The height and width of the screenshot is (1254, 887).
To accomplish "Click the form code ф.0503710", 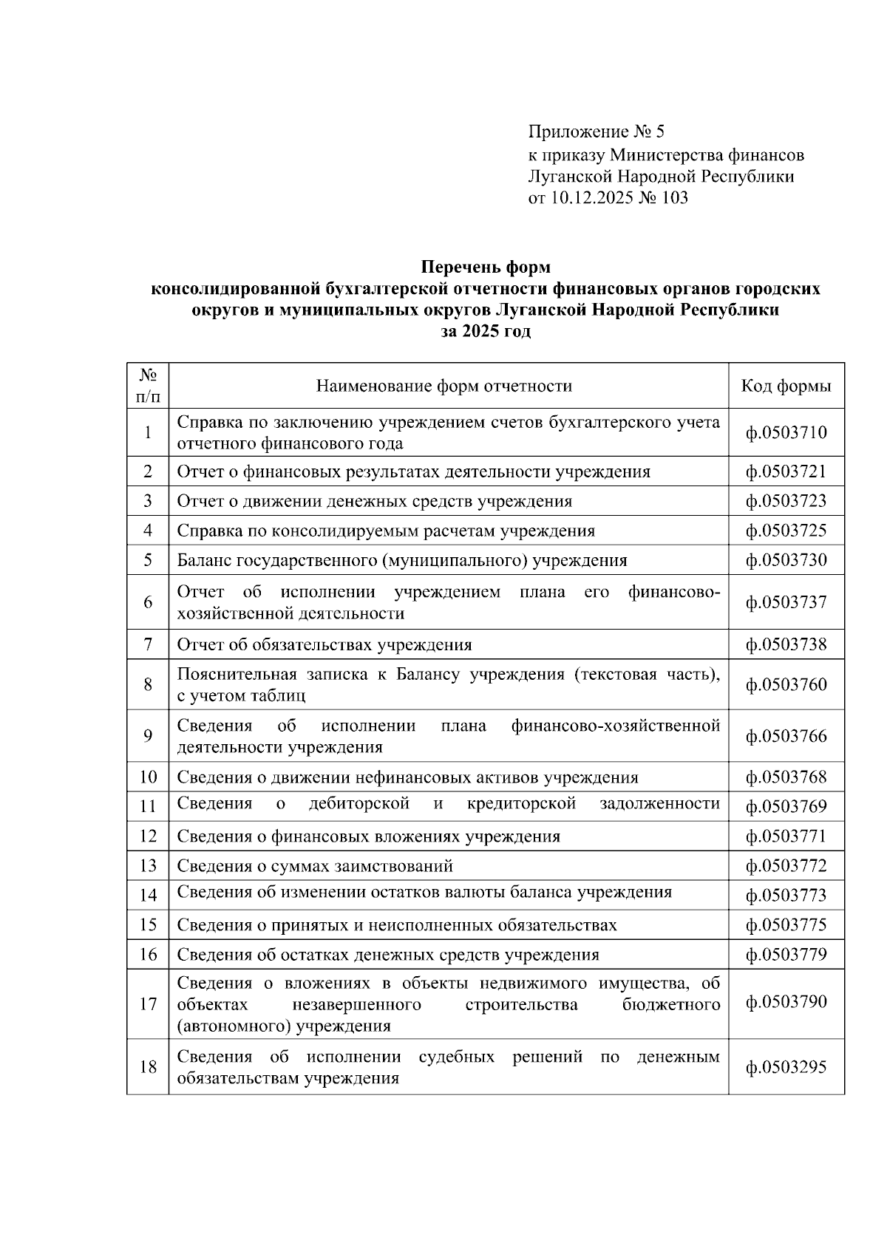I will point(786,433).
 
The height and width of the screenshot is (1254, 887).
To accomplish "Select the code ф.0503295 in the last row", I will point(786,1067).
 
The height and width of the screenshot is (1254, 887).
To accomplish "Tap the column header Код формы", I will point(786,386).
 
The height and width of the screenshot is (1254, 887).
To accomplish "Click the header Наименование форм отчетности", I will point(444,386).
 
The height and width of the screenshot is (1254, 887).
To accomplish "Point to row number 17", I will point(148,1003).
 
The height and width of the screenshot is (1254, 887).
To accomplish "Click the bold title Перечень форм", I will point(486,267).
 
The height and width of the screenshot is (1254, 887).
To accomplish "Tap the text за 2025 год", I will point(486,332).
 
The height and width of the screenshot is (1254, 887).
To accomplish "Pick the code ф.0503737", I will point(786,602).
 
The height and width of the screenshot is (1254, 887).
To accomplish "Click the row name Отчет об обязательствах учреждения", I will point(324,645).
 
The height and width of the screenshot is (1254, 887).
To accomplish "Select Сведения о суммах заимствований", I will point(315,866).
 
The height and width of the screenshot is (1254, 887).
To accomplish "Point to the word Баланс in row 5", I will point(204,561).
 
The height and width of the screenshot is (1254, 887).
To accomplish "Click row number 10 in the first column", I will point(148,777).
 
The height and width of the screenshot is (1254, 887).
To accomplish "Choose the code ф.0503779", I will point(786,955).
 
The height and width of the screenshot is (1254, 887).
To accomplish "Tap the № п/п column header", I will point(148,386).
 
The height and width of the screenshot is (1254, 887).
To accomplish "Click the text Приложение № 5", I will point(597,132).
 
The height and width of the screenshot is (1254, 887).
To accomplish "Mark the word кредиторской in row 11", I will point(521,804).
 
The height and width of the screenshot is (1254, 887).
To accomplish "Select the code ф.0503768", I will point(786,777).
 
